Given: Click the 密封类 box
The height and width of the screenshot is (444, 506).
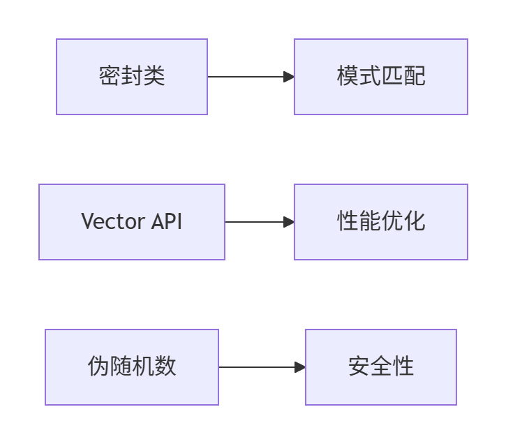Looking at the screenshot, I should click(x=132, y=77).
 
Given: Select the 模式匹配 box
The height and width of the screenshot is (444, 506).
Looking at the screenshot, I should click(x=380, y=77).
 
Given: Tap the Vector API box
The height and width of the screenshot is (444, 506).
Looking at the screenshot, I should click(x=132, y=222).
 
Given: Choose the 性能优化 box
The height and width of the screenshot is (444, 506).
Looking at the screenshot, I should click(x=380, y=222).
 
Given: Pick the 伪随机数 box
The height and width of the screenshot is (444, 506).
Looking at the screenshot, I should click(x=132, y=367).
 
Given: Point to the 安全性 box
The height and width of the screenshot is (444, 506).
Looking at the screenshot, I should click(x=380, y=367).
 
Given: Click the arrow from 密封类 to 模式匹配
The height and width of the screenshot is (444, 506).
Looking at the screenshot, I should click(x=248, y=77).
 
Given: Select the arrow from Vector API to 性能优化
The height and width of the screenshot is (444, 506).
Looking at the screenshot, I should click(x=256, y=222).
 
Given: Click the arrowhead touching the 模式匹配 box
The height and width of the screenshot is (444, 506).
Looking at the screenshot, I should click(x=289, y=77).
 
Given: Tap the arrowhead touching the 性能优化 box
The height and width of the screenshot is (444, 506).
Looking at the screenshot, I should click(x=289, y=222).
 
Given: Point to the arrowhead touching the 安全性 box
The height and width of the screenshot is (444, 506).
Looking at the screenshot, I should click(x=300, y=367).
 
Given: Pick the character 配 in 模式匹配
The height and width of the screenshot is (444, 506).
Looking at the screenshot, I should click(x=415, y=77).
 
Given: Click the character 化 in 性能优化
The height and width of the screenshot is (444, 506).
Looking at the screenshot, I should click(x=415, y=222).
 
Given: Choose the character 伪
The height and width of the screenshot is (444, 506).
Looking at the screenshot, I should click(x=98, y=367).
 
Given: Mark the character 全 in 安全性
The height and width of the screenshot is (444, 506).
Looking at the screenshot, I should click(x=381, y=367).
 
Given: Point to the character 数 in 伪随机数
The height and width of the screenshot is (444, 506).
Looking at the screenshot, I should click(x=165, y=367).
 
